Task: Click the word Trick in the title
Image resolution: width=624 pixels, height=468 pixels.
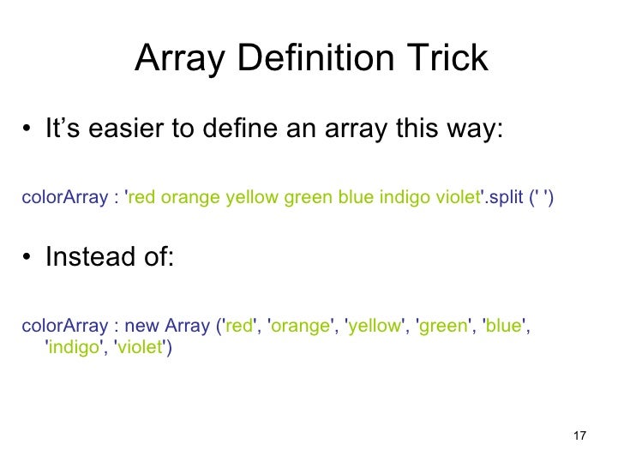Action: point(446,59)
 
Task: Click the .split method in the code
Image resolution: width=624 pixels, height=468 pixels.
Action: point(501,198)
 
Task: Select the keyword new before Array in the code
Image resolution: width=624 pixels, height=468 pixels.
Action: point(145,327)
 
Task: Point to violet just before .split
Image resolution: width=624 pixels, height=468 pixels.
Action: point(453,198)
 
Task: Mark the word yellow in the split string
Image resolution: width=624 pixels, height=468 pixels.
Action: point(251,198)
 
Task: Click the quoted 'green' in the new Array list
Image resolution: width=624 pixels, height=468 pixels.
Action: point(441,327)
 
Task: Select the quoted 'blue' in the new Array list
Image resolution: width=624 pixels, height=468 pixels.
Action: point(502,327)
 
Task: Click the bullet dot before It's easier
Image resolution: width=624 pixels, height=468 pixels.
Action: point(28,134)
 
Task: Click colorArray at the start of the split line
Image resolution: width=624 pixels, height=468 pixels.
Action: point(63,198)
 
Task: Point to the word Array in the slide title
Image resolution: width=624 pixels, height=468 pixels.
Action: point(179,59)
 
